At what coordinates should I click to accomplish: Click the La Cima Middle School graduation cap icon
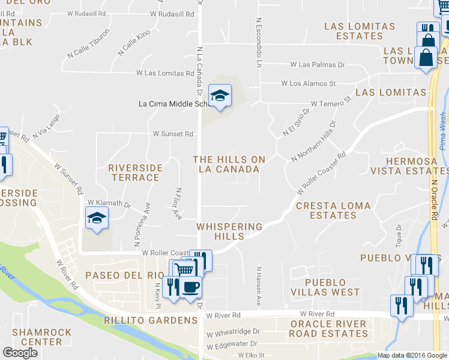click(x=220, y=95)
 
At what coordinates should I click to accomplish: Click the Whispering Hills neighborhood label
click(x=230, y=232)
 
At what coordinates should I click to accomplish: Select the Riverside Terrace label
click(x=135, y=172)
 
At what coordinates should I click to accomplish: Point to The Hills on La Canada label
click(x=229, y=164)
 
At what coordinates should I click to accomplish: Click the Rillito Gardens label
click(x=151, y=320)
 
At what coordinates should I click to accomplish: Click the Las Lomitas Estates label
click(x=360, y=31)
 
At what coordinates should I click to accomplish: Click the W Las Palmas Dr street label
click(x=318, y=64)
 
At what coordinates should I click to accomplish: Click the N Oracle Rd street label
click(x=433, y=197)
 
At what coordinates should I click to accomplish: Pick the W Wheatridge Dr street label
click(x=233, y=331)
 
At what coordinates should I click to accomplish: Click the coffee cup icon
click(x=191, y=287)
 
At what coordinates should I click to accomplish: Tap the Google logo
click(x=20, y=353)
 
